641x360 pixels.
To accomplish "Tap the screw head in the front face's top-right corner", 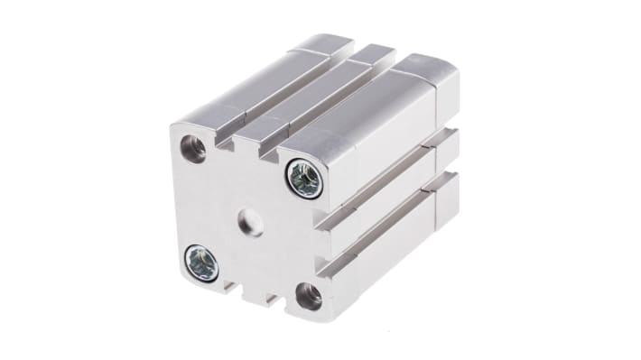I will tap(303, 179).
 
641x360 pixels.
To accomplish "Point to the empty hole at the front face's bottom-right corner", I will tap(309, 293).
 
